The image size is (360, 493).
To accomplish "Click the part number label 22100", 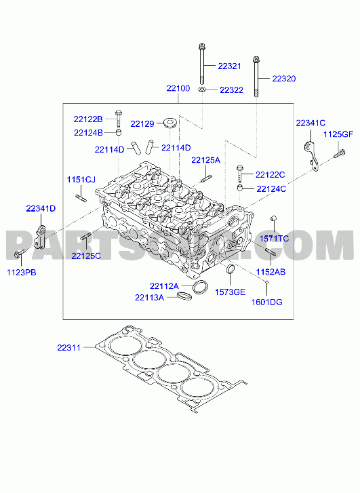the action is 178,88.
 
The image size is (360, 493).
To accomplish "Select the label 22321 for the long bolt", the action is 230,66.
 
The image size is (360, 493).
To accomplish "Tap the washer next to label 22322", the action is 202,90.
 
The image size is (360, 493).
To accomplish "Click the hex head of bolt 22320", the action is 256,59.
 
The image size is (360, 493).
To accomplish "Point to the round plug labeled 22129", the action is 170,123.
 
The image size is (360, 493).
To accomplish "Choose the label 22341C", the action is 311,123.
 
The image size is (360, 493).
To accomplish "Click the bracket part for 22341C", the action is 312,156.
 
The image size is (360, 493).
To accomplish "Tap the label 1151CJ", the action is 81,180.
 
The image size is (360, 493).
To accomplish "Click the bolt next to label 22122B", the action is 119,118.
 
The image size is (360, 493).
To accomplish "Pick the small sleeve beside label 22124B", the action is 119,132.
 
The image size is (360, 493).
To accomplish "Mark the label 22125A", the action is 206,160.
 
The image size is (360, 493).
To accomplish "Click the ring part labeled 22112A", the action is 200,287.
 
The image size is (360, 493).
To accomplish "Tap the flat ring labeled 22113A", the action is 184,296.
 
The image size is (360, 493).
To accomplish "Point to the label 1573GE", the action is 230,292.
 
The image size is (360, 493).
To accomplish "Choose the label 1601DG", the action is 267,302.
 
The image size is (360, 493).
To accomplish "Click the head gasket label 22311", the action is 69,348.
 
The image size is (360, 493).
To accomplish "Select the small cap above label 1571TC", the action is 273,218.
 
